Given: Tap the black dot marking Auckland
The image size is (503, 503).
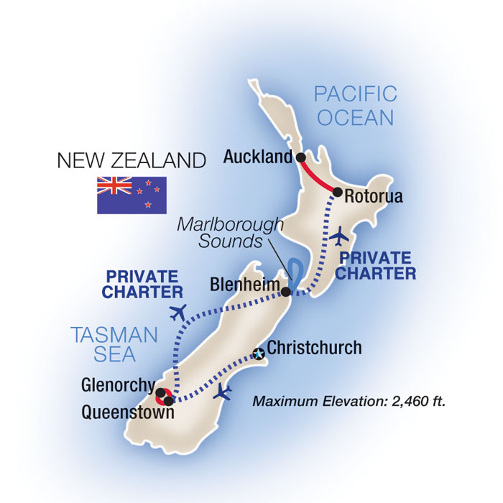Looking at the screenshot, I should coord(300,157).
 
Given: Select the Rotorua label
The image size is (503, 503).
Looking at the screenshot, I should coord(373,195).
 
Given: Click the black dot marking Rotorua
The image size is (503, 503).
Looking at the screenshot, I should coord(337,192).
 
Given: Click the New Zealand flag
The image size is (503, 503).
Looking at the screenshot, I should coord(131,195).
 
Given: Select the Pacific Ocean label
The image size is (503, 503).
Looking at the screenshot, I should coord(356,105).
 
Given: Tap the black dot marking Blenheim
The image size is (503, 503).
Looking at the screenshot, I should coord(286,292).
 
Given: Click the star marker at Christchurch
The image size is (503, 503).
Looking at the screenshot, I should coord(258,354).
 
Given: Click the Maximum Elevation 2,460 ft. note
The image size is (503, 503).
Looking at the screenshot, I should coord(349,401).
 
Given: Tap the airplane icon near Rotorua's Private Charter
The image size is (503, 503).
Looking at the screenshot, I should coord(343,236).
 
